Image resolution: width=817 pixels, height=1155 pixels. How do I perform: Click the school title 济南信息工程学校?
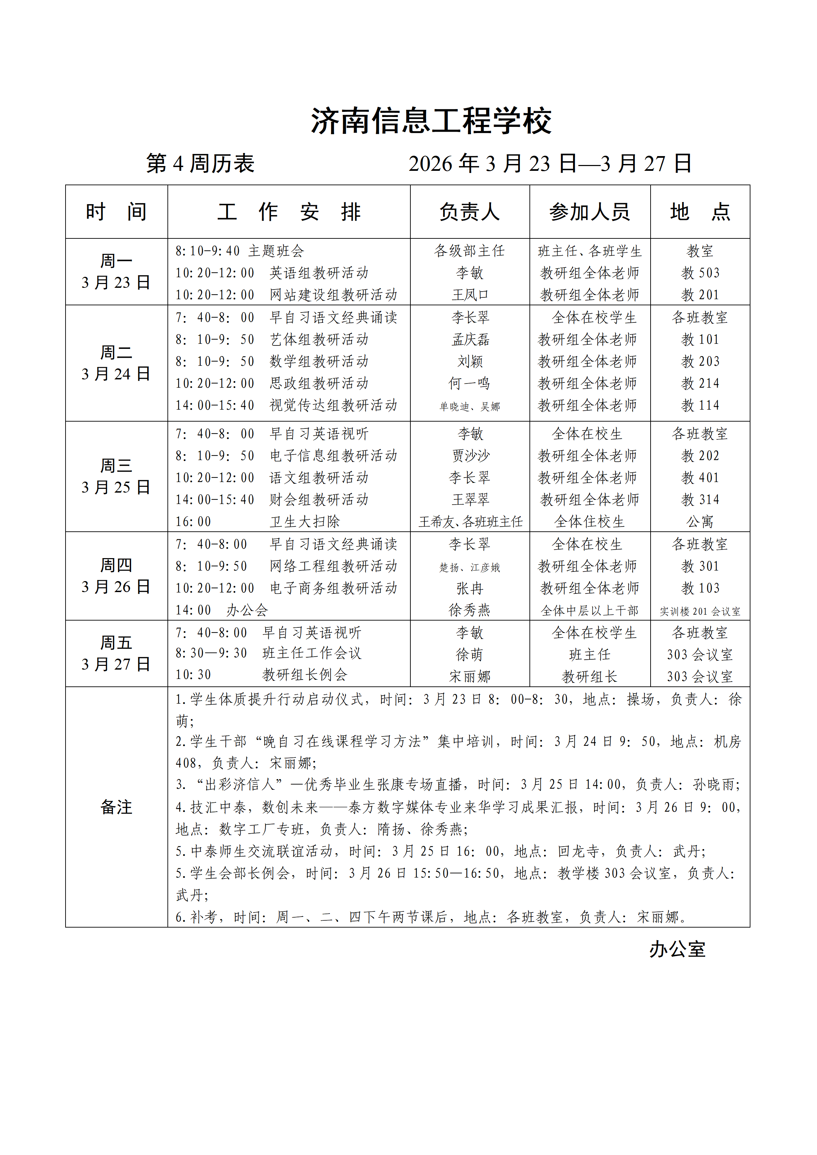[431, 122]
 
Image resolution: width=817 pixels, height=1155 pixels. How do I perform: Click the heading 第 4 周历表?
[200, 164]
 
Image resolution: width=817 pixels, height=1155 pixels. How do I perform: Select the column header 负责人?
[469, 212]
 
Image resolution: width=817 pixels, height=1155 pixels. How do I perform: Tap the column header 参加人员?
[590, 212]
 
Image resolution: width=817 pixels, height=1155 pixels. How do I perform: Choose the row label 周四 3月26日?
[116, 576]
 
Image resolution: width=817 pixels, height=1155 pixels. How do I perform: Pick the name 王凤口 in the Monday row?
[470, 295]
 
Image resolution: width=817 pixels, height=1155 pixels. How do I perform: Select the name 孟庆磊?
[470, 340]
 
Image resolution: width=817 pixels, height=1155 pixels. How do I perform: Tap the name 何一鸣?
[470, 383]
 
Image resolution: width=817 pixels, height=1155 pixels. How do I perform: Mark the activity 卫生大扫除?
[305, 522]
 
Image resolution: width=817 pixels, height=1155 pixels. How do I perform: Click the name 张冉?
[470, 588]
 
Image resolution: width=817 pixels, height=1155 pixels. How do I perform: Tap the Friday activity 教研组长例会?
[305, 675]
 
